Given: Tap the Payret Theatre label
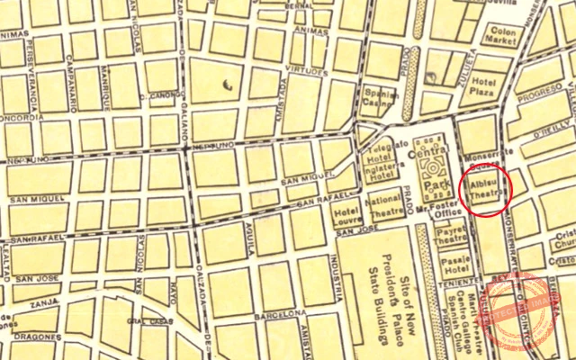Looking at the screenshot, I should pyautogui.click(x=452, y=236).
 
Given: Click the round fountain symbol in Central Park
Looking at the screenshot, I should pyautogui.click(x=434, y=166).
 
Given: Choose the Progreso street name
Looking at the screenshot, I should pyautogui.click(x=537, y=93).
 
